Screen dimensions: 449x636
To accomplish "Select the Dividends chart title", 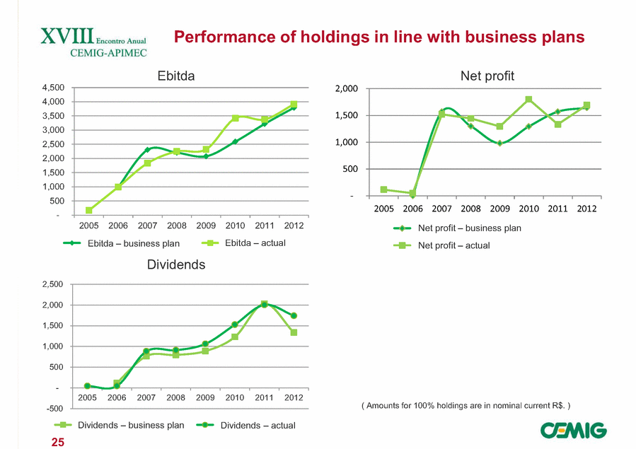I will pyautogui.click(x=176, y=264).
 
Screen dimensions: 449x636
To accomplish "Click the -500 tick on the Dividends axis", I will pyautogui.click(x=54, y=409).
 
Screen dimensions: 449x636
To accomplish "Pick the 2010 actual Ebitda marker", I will pyautogui.click(x=235, y=118).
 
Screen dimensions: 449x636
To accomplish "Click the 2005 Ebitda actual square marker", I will pyautogui.click(x=89, y=210).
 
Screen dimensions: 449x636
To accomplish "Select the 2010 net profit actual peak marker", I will pyautogui.click(x=528, y=100).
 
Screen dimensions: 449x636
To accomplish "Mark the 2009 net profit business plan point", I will pyautogui.click(x=499, y=143).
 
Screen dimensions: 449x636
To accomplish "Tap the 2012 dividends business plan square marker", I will pyautogui.click(x=294, y=332).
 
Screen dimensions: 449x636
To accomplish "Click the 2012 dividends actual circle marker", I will pyautogui.click(x=294, y=315).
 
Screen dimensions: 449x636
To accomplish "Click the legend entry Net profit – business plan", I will pyautogui.click(x=468, y=228).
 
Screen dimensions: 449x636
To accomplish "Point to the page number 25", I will pyautogui.click(x=57, y=442).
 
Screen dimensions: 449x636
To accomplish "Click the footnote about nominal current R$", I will pyautogui.click(x=466, y=405).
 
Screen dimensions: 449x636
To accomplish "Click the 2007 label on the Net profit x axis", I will pyautogui.click(x=441, y=209).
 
